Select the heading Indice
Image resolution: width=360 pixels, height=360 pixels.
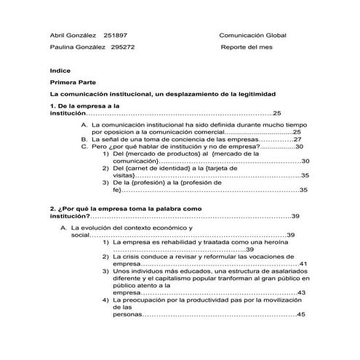pyautogui.click(x=59, y=71)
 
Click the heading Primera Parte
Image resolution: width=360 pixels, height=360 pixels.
pyautogui.click(x=71, y=83)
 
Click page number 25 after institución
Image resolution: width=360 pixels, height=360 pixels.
pyautogui.click(x=276, y=113)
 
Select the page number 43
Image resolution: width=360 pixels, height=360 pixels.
pyautogui.click(x=302, y=292)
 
